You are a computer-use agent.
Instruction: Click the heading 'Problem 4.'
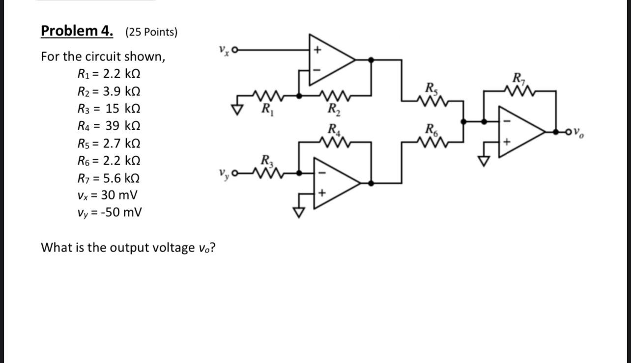(76, 31)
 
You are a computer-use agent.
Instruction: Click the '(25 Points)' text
(151, 32)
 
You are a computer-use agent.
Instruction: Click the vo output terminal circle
(570, 132)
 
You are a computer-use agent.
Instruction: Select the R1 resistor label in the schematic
(267, 108)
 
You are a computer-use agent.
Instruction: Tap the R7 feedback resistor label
(518, 78)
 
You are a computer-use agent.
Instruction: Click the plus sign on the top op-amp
(317, 50)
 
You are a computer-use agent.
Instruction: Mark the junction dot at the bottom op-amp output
(371, 183)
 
